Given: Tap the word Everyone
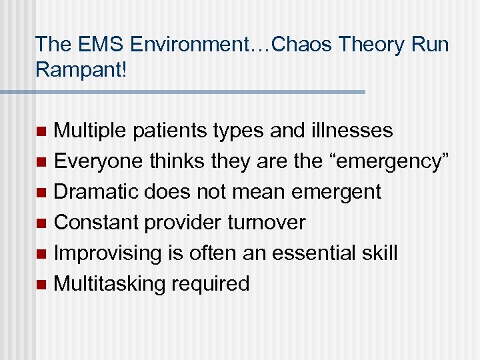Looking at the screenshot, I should click(99, 161).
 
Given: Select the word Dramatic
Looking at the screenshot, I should click(97, 191).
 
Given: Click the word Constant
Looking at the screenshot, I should click(95, 222).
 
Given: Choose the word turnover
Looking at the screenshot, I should click(267, 222).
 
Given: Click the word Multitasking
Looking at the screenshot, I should click(109, 283).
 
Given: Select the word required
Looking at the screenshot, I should click(210, 283).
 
